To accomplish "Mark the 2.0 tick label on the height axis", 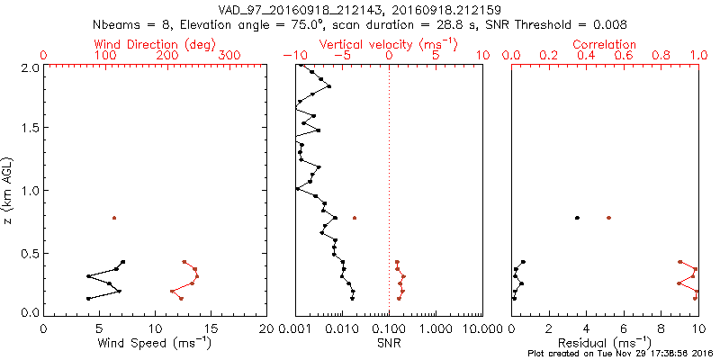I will point(29,67).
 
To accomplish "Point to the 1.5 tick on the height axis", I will point(29,129).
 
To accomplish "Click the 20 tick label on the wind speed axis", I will point(267,329).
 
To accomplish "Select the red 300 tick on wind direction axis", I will point(230,56).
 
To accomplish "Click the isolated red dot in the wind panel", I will point(114,218).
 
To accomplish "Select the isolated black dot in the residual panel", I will point(577,218).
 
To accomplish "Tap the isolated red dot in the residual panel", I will point(609,218).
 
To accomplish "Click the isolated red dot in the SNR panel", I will point(355,218).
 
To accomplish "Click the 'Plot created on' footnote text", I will point(620,353).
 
